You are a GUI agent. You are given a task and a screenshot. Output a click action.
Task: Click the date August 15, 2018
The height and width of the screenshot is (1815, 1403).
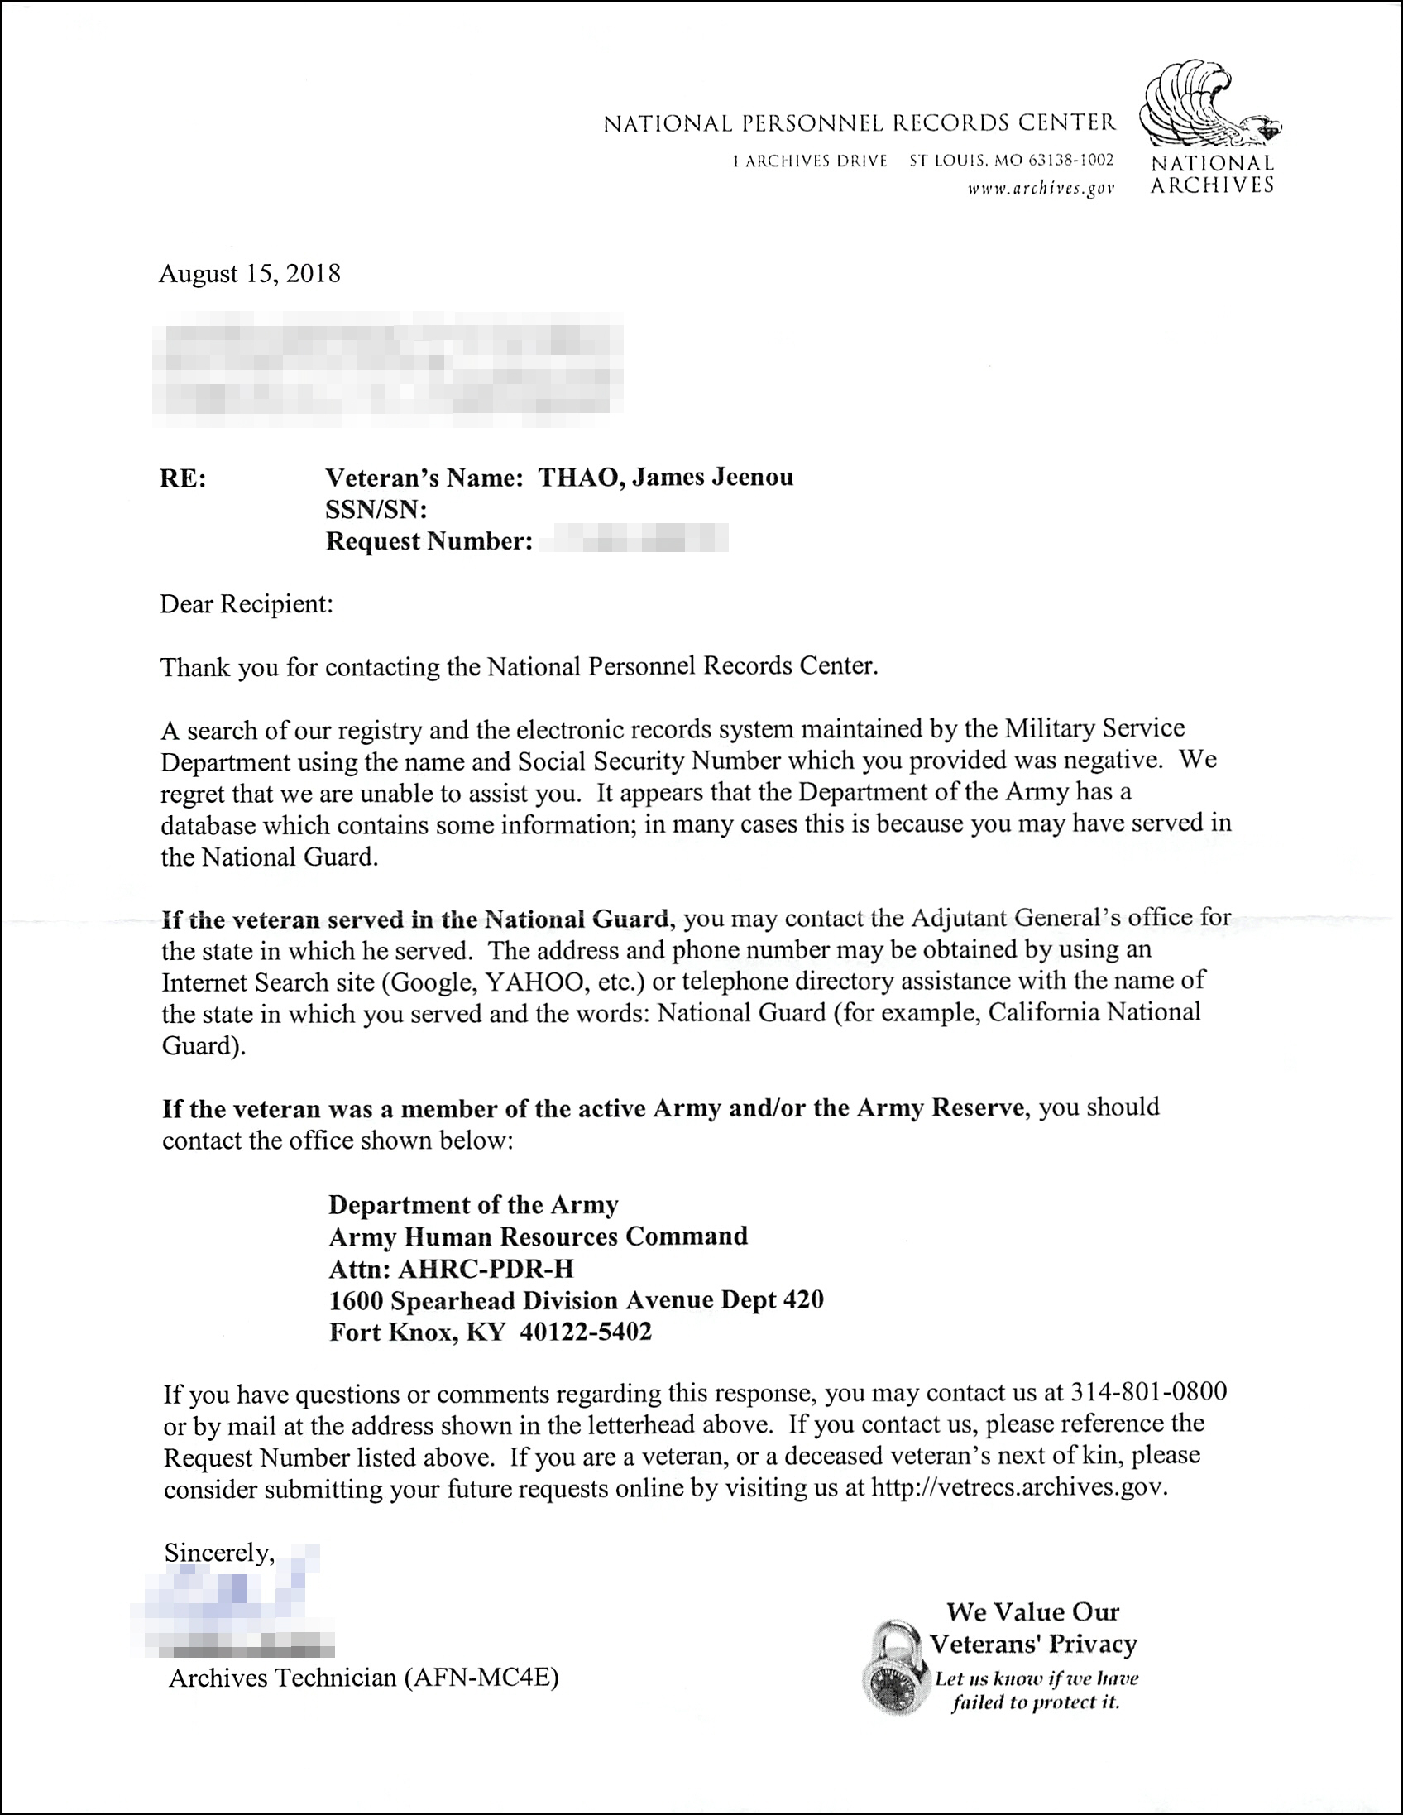tap(249, 274)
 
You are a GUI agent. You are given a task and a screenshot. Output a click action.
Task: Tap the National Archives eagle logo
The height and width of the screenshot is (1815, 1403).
tap(1209, 105)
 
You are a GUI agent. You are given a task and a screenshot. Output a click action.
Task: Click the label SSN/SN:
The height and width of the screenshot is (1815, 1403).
tap(376, 510)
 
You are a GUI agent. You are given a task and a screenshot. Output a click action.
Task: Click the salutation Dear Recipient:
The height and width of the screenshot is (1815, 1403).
tap(247, 604)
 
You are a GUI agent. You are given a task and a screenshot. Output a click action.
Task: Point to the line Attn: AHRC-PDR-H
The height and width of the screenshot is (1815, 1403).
tap(451, 1269)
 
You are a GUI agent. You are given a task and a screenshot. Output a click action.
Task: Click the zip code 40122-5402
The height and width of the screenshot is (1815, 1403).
tap(586, 1332)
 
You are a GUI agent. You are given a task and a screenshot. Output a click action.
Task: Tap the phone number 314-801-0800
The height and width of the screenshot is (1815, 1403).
tap(1149, 1391)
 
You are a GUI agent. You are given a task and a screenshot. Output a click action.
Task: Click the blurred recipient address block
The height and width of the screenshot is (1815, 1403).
tap(387, 368)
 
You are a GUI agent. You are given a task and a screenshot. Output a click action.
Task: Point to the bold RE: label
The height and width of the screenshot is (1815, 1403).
tap(183, 478)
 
